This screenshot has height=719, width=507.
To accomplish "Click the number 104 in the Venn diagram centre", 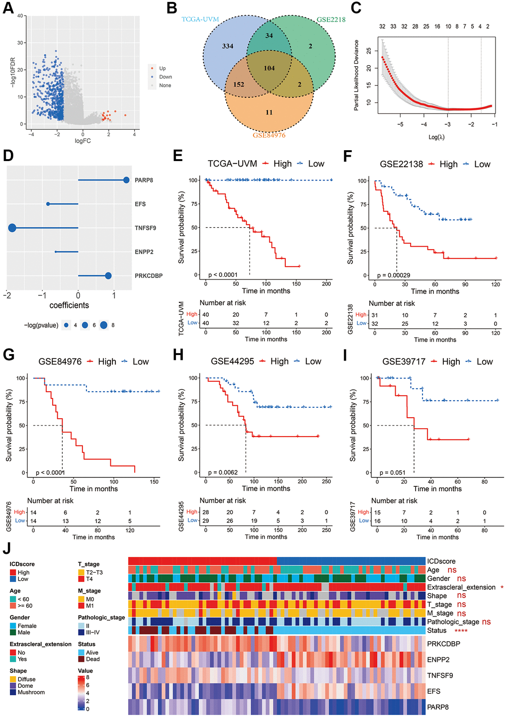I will coord(269,68).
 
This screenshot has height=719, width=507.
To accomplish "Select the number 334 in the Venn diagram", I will coord(228,46).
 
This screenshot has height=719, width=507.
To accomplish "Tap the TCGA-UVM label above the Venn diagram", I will coord(200,19).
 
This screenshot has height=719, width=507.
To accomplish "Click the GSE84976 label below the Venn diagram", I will coord(269,135).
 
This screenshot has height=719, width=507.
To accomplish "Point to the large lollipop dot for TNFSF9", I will coord(12,228).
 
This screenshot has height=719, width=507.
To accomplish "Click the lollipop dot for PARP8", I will coord(126,180).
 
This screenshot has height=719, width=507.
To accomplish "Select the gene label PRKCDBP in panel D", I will coord(149,276).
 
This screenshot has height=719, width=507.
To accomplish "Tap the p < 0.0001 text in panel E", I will coord(223,275).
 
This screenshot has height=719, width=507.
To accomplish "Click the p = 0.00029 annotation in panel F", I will coord(394,275).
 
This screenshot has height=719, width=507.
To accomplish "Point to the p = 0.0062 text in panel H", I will coord(223,472).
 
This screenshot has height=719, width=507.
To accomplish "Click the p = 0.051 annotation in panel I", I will coord(393,473).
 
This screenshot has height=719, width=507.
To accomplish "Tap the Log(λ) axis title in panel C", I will coord(436,137).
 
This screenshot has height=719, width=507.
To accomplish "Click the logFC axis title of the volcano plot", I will coord(83,141).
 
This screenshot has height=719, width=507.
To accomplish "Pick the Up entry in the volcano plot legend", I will coord(162,69).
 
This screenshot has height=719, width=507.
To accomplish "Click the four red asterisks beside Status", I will coord(461,631).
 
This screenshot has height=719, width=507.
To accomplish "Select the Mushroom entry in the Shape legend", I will coord(31,692).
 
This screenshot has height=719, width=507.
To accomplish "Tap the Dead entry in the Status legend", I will coord(92,659).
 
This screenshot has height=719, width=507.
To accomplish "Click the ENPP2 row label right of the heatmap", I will coord(438,660).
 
